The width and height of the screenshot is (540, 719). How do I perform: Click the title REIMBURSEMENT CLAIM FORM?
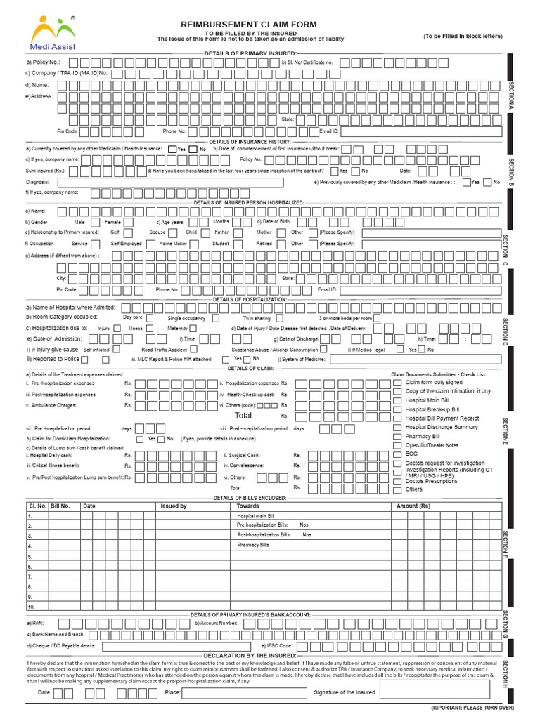pos(254,23)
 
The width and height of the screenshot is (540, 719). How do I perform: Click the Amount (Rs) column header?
pos(413,506)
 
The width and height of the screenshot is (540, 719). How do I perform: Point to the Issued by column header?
pos(174,506)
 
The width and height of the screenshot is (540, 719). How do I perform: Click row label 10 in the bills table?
pos(31,605)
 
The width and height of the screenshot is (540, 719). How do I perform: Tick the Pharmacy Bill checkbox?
pos(398,436)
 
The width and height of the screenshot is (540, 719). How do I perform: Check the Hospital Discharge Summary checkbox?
pos(398,427)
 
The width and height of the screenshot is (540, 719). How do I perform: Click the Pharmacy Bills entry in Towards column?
pos(253,545)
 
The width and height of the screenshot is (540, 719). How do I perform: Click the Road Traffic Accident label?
pos(164,349)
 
